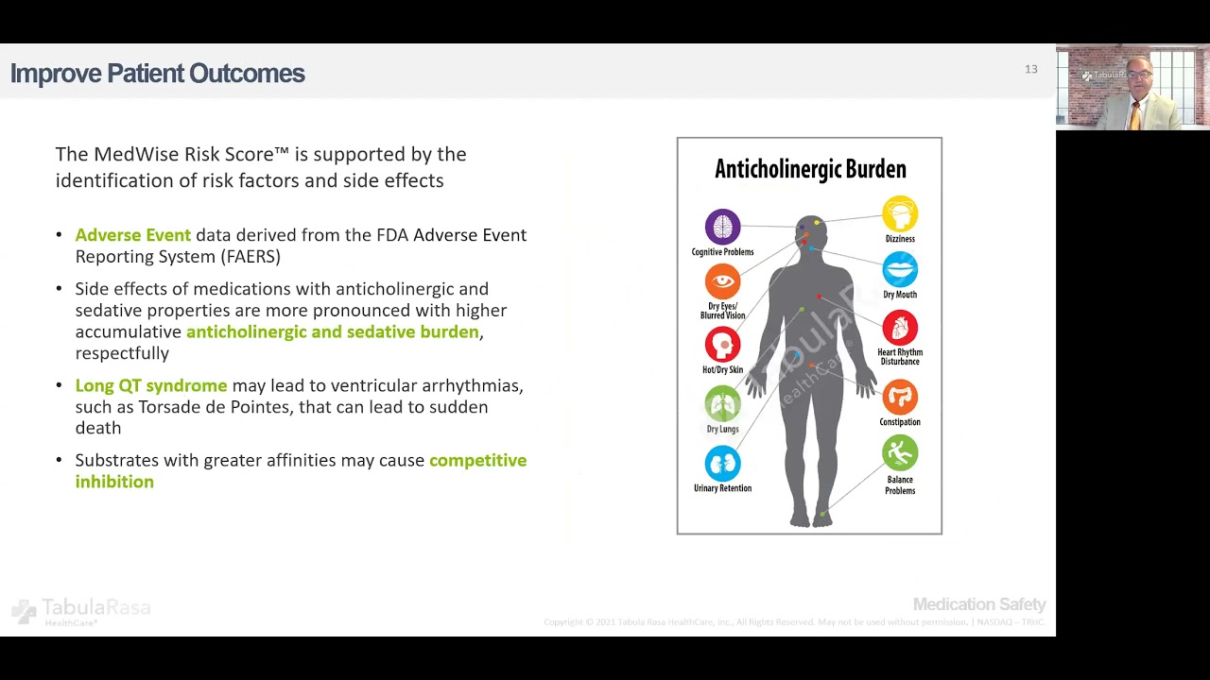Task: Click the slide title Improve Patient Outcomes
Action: tap(157, 74)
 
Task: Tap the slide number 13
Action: tap(1030, 69)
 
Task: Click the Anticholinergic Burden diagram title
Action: tap(810, 169)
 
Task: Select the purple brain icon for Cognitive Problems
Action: tap(722, 228)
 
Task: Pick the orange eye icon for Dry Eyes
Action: tap(722, 282)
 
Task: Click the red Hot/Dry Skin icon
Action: tap(722, 345)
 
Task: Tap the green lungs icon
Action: tap(722, 404)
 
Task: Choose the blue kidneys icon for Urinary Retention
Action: tap(722, 464)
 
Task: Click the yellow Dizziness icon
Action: tap(900, 214)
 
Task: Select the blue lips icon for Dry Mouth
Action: tap(900, 270)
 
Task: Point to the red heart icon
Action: tap(900, 328)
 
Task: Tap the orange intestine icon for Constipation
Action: tap(900, 398)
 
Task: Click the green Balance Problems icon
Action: tap(900, 453)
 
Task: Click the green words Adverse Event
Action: tap(133, 235)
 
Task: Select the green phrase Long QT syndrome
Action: tap(151, 385)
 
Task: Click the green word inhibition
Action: tap(114, 482)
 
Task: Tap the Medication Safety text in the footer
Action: tap(979, 604)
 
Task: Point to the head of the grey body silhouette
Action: tap(810, 231)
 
